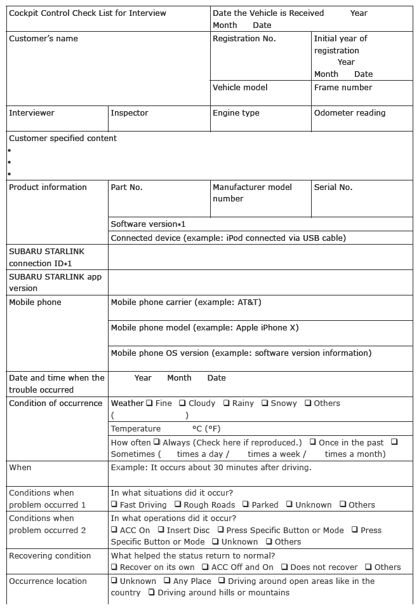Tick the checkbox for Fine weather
coord(149,403)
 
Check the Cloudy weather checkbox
coord(182,403)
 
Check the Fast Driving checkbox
coord(114,505)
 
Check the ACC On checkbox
coord(114,530)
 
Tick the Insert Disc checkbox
coord(161,530)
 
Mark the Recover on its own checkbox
coord(114,567)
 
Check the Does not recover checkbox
coord(284,567)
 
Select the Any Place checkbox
coord(167,581)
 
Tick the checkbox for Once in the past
coord(313,442)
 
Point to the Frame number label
coord(343,88)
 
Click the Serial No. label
coord(333,187)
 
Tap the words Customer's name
coord(43,39)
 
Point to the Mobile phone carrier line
coord(185,302)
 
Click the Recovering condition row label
coord(50,556)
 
